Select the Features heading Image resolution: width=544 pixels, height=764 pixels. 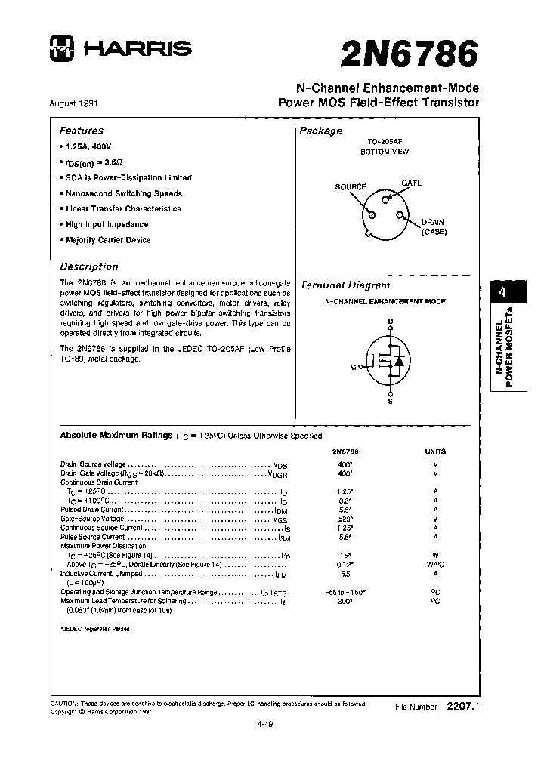tap(82, 130)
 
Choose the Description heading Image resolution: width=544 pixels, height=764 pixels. tap(89, 266)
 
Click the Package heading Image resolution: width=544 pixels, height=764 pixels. tap(321, 131)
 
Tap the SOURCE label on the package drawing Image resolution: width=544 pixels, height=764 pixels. tap(351, 187)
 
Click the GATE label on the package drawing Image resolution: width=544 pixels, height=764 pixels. tap(412, 183)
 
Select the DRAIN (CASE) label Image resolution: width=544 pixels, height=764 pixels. tap(434, 227)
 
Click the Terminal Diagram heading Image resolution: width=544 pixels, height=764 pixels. tap(345, 285)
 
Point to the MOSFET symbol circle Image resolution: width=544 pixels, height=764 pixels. tap(391, 360)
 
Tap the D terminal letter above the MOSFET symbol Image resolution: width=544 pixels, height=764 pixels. tap(391, 321)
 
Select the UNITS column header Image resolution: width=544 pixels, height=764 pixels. tap(436, 451)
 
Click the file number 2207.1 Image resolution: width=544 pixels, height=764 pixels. tap(463, 706)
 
